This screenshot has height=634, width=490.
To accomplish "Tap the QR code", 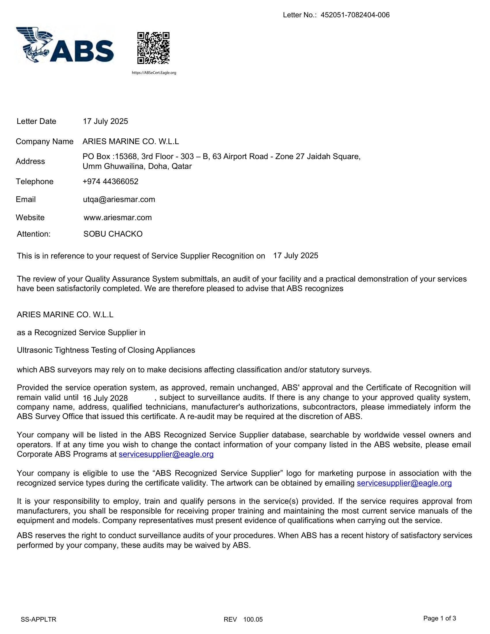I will point(153,48).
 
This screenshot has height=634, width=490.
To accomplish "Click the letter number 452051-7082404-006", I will point(355,15).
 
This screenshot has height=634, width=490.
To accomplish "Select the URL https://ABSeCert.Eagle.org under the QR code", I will point(154,73).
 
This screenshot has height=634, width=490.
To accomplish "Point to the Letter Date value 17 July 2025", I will point(105,121).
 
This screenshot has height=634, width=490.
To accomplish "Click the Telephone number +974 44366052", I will point(110,182).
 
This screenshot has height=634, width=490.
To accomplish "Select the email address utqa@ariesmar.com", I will point(119,199).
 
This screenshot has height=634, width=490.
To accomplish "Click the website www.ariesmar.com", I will point(118,217).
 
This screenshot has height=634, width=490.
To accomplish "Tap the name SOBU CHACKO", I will point(113,234).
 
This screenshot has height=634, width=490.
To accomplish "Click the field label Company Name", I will point(44,141).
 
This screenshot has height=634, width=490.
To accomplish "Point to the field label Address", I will point(30,161).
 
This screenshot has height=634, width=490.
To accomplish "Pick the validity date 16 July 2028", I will point(105,398).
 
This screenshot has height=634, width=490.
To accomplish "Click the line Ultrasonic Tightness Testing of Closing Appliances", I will point(106,350).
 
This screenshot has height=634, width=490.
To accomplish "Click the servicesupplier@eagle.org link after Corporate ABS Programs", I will point(166,454).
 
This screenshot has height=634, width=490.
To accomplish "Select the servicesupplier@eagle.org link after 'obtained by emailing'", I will point(404,483).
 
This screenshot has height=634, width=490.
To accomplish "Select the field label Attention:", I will point(34,234).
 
